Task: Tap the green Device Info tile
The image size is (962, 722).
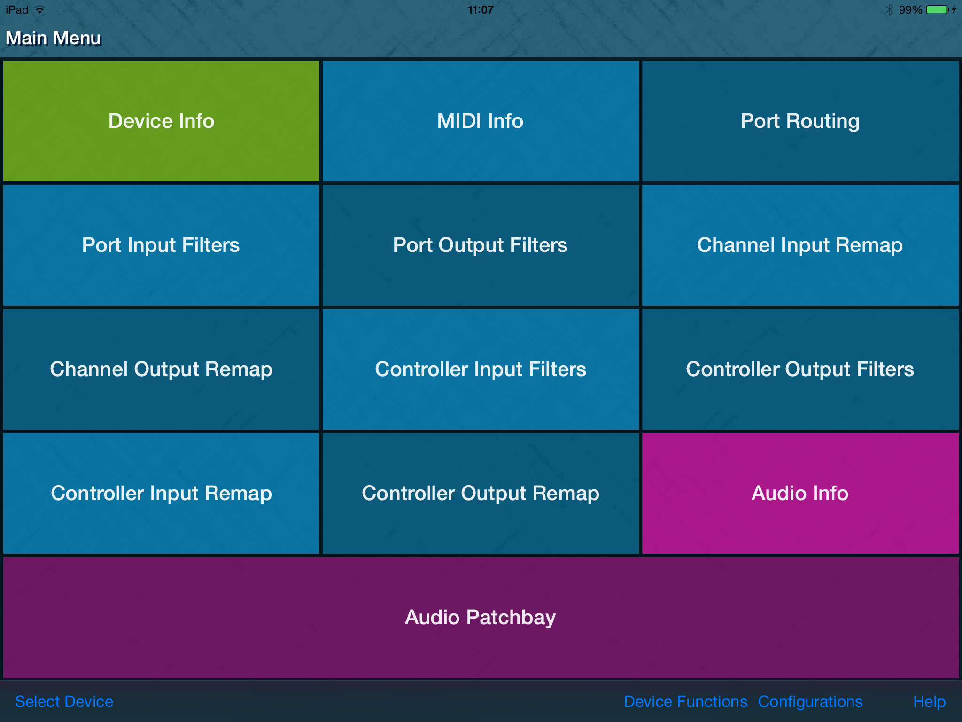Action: pyautogui.click(x=161, y=121)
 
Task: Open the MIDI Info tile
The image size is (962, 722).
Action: pyautogui.click(x=481, y=121)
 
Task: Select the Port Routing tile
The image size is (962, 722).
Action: pyautogui.click(x=800, y=121)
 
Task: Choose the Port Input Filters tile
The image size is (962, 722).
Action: pyautogui.click(x=161, y=245)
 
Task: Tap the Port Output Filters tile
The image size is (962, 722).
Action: pyautogui.click(x=481, y=245)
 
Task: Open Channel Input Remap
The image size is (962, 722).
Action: pyautogui.click(x=800, y=245)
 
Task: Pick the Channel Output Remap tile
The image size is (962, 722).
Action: pyautogui.click(x=161, y=369)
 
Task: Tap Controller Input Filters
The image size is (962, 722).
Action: pyautogui.click(x=481, y=369)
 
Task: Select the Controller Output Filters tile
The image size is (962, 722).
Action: pyautogui.click(x=800, y=369)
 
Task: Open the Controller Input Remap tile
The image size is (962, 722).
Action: pyautogui.click(x=161, y=493)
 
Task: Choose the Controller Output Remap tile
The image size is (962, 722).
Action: pyautogui.click(x=481, y=493)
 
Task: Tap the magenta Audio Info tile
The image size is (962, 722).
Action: pyautogui.click(x=800, y=493)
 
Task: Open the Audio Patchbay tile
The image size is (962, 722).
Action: pyautogui.click(x=481, y=617)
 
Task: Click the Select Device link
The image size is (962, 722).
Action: pyautogui.click(x=64, y=701)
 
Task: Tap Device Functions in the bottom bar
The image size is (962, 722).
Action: pyautogui.click(x=685, y=701)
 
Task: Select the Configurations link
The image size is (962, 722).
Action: pyautogui.click(x=810, y=702)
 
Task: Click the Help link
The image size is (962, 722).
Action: pyautogui.click(x=929, y=702)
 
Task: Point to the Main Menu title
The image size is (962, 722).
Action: pyautogui.click(x=53, y=38)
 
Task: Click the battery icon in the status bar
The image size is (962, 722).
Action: pyautogui.click(x=938, y=9)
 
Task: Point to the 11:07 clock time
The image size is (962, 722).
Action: pyautogui.click(x=481, y=9)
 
